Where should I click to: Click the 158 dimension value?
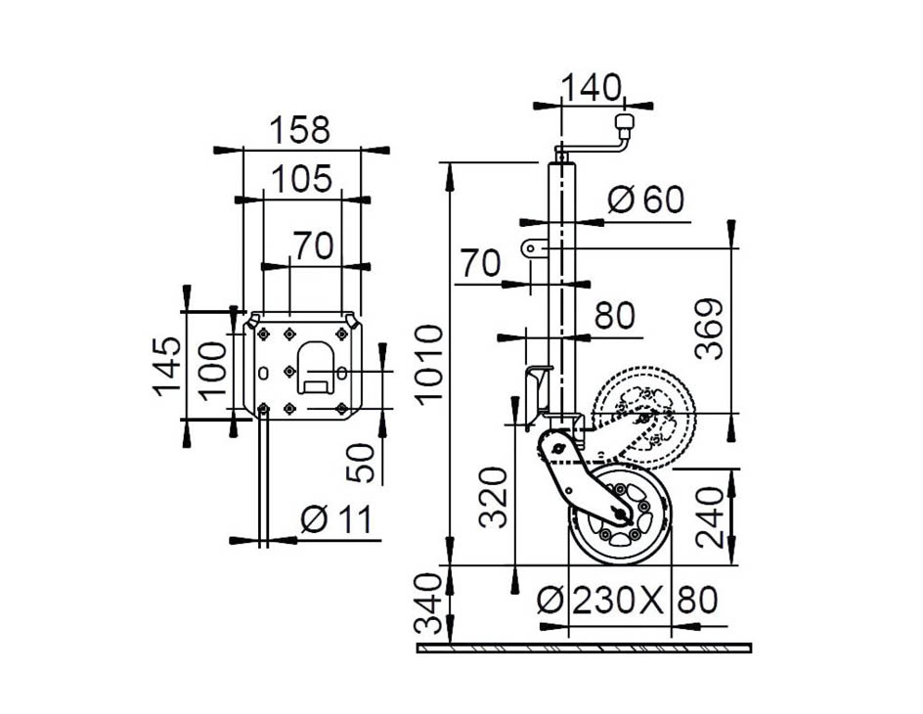[300, 130]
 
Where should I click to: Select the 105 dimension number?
[301, 179]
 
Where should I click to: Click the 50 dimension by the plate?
[359, 463]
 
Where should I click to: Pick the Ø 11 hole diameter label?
[336, 521]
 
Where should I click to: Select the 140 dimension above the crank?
[591, 87]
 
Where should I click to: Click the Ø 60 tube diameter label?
[645, 200]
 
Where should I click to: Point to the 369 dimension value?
[712, 329]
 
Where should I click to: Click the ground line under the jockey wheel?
[584, 647]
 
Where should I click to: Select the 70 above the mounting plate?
[313, 246]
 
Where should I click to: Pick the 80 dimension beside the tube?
[615, 316]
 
